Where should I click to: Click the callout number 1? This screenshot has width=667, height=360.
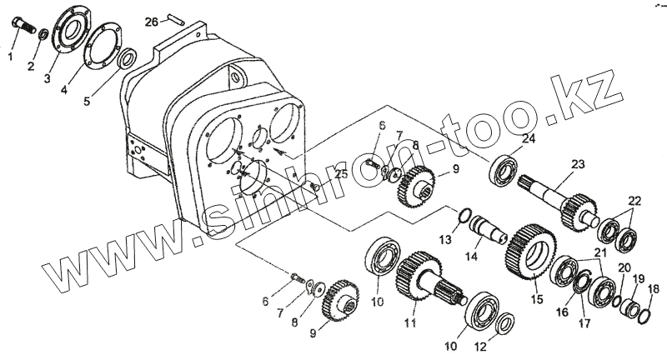pos(11,57)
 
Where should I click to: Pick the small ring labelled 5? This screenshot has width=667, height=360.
pos(128,59)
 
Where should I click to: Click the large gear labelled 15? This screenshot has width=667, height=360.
pos(530,250)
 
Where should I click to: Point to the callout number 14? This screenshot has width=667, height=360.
pos(472,257)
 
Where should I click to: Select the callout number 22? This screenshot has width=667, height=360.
pos(635,201)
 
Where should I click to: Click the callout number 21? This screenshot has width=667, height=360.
pos(600,252)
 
